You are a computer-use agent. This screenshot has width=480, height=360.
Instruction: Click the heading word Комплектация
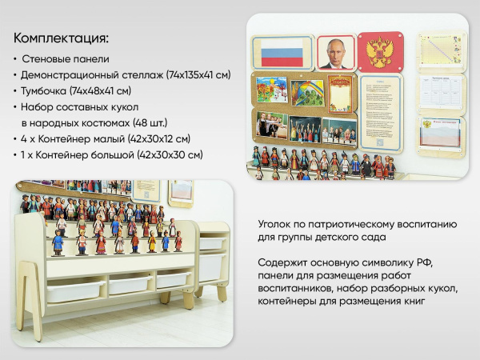(x=61, y=38)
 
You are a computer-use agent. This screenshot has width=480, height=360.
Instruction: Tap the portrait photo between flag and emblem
(x=336, y=52)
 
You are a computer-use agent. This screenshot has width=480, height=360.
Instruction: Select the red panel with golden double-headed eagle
(x=381, y=53)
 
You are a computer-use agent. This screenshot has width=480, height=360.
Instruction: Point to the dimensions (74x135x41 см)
(x=198, y=75)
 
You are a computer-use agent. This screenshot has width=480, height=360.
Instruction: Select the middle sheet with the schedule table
(x=442, y=92)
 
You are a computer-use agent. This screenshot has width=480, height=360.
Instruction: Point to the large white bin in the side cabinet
(x=211, y=266)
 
